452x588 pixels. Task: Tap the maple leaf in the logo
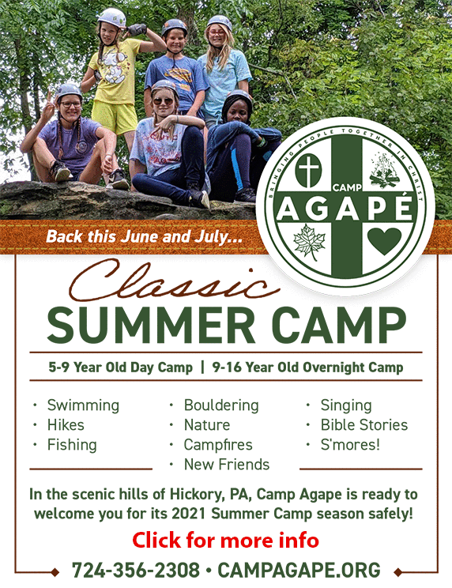click(x=310, y=242)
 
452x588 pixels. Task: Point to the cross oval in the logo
click(x=308, y=170)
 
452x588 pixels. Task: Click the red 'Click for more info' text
click(x=226, y=541)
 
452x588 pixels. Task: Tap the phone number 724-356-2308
click(x=136, y=570)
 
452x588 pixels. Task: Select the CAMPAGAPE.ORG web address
click(x=299, y=570)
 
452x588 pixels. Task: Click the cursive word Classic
click(x=175, y=281)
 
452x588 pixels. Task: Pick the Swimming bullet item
click(x=83, y=405)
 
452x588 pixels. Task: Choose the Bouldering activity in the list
click(x=221, y=405)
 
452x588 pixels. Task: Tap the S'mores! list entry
click(x=350, y=445)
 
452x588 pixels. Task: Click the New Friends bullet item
click(x=227, y=464)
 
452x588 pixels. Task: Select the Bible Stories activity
click(x=364, y=425)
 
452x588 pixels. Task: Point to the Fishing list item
click(x=72, y=445)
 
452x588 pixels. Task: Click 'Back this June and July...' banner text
click(x=145, y=237)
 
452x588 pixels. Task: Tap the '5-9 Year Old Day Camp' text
click(x=120, y=367)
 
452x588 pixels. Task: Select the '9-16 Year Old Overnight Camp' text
click(x=307, y=367)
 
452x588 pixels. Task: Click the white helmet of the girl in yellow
click(x=111, y=17)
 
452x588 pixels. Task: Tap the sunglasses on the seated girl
click(x=163, y=101)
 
